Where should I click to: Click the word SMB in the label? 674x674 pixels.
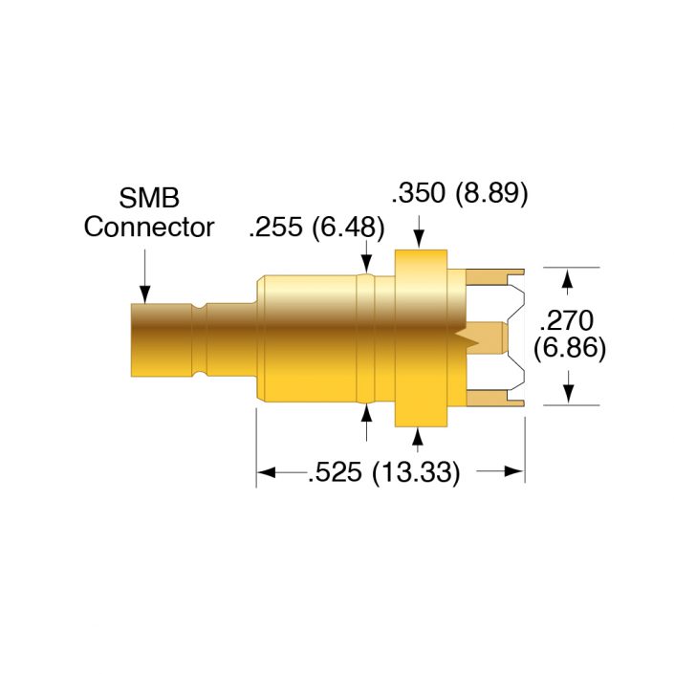point(149,199)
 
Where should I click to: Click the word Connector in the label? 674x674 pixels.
point(149,228)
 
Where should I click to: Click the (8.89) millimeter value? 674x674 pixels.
point(491,194)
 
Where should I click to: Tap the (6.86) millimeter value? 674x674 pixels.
point(570,349)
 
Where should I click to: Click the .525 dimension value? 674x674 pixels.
point(336,472)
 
